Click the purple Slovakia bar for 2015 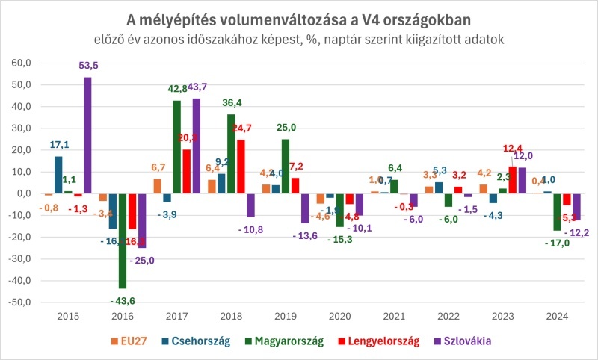tap(87, 135)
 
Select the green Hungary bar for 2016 tap(123, 240)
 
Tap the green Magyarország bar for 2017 tap(177, 147)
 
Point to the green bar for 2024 tap(557, 212)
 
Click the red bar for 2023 tap(512, 180)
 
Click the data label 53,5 tap(89, 66)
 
